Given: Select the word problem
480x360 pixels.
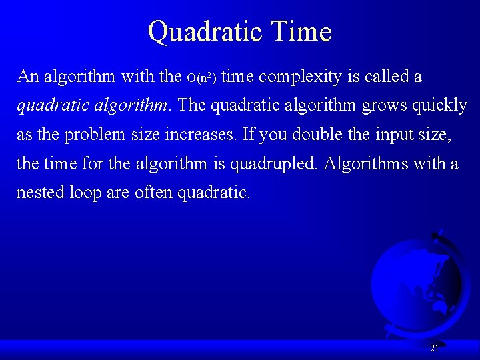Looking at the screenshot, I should (x=93, y=135).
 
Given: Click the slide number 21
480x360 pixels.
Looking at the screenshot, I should (x=434, y=348).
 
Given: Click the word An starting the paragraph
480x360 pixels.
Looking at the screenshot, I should (x=28, y=77).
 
